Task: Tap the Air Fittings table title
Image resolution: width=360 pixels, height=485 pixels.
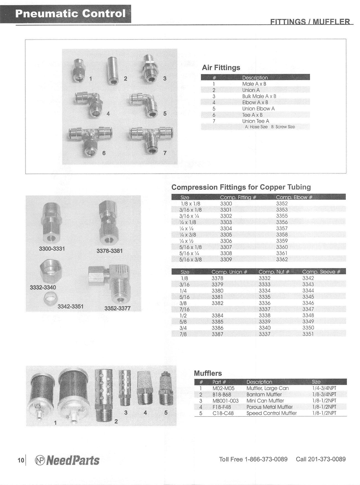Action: [221, 68]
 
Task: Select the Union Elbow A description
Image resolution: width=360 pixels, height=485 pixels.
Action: [258, 109]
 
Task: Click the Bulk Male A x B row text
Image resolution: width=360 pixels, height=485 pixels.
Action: [259, 96]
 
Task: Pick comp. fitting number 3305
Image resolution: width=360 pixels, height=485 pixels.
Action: [226, 235]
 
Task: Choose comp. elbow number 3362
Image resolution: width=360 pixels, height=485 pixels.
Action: [282, 259]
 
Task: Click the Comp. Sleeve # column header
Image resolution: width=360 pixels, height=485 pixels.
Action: [321, 272]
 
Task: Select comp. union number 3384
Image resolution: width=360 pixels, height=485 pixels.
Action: [217, 315]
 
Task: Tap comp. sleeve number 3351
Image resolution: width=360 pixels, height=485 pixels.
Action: [308, 334]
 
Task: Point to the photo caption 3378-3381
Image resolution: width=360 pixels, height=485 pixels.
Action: [109, 251]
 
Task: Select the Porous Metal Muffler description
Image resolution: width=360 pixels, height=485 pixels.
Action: [269, 407]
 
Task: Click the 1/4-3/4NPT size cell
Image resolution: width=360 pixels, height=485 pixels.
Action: [324, 388]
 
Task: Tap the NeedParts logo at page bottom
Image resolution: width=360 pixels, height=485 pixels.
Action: [67, 460]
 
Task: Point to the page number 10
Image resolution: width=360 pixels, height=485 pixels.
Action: [21, 460]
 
